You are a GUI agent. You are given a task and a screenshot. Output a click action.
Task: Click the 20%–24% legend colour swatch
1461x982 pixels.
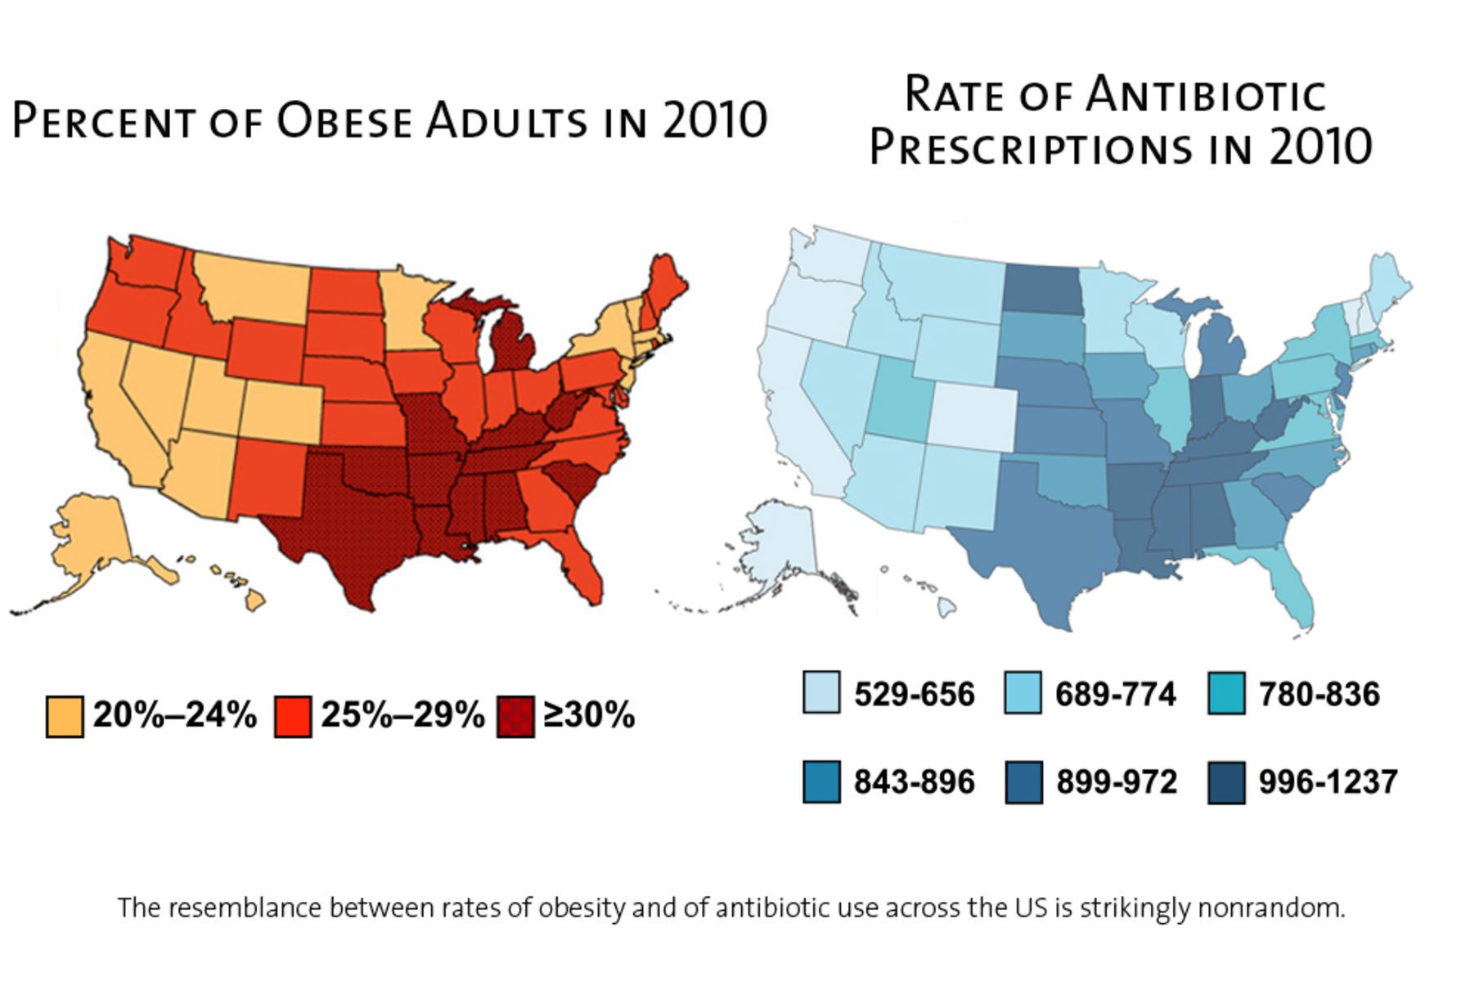tap(64, 717)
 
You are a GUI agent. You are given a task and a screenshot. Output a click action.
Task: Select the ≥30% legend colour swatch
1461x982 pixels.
tap(515, 717)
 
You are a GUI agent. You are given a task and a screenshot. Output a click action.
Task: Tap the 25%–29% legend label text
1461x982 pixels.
tap(402, 715)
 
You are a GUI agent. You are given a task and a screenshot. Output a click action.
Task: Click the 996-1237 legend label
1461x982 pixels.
tap(1328, 782)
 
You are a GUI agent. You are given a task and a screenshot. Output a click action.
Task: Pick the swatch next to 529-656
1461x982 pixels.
tap(820, 693)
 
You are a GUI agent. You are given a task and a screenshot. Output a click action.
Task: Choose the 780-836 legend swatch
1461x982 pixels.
tap(1225, 693)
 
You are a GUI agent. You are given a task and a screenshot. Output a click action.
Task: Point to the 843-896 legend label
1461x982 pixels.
tap(914, 782)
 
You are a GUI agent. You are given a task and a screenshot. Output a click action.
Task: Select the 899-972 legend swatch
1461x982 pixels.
tap(1023, 782)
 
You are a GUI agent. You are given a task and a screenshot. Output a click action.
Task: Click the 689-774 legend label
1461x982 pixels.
tap(1115, 695)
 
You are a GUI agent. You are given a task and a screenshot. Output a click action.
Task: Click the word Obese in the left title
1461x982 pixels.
tap(344, 121)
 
